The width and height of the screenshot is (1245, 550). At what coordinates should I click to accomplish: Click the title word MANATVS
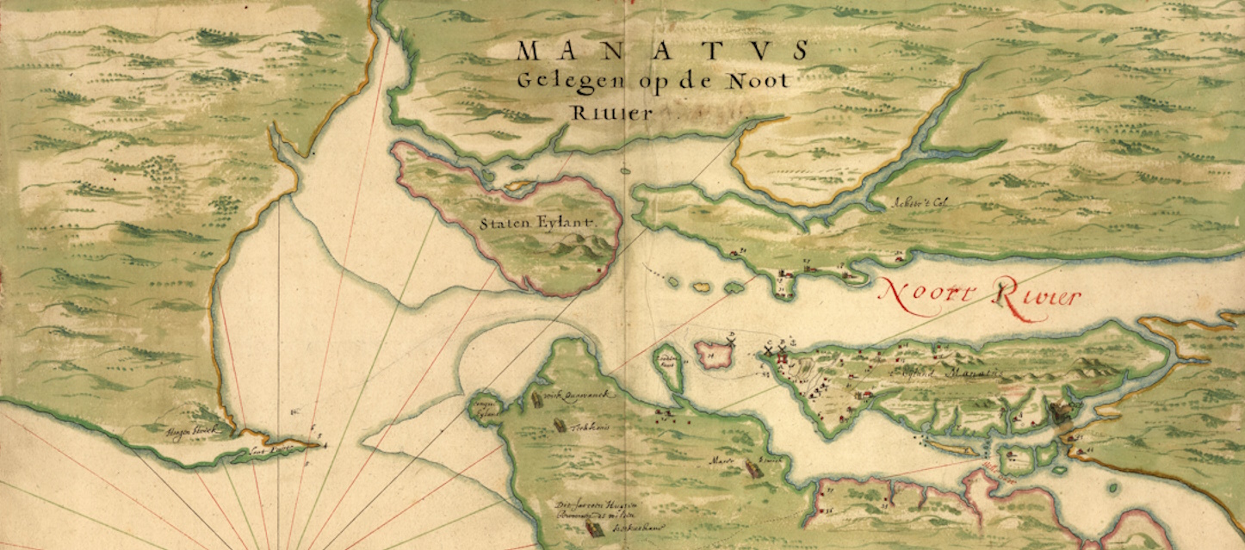point(663,51)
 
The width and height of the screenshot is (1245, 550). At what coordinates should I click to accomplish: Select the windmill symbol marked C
point(769,352)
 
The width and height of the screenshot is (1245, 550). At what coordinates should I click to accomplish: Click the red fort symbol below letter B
point(783,357)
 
